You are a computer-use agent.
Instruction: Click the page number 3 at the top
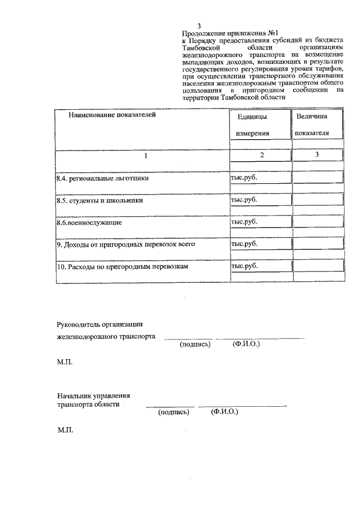199,26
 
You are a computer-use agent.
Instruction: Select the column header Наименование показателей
111,115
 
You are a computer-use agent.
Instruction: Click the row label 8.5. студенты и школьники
99,200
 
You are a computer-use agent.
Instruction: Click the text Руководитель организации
100,324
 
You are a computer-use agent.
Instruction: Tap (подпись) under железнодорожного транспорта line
195,344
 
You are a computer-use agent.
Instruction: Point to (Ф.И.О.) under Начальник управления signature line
224,412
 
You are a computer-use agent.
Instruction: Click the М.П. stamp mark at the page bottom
65,431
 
